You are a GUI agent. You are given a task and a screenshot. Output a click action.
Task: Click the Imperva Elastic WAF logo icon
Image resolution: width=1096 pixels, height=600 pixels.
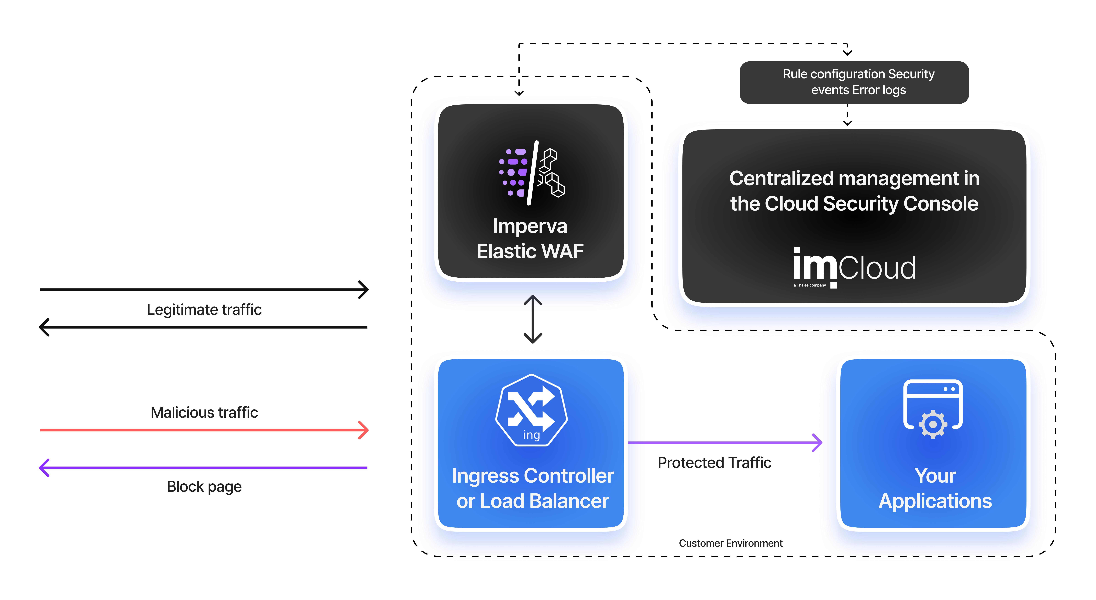click(532, 172)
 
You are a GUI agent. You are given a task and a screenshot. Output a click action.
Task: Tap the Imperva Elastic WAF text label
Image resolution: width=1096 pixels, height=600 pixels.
click(530, 238)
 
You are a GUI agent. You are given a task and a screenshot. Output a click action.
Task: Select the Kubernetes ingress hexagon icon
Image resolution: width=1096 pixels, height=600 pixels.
click(531, 410)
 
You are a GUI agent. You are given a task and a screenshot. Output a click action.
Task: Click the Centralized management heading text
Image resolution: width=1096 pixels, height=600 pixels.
click(854, 191)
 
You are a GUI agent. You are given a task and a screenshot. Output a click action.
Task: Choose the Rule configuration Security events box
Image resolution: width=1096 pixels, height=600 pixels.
click(854, 82)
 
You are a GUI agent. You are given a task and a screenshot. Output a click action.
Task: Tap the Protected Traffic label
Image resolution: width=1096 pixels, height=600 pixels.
click(714, 463)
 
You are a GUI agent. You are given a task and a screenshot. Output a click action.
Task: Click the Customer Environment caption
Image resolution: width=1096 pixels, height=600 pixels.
click(731, 543)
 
